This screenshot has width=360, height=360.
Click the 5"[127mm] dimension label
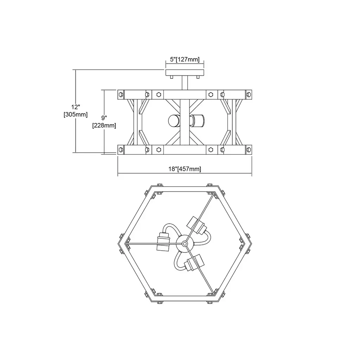(185, 59)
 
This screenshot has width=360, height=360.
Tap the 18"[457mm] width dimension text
(185, 169)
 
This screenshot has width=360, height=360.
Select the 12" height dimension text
(76, 107)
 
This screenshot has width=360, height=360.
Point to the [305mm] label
(76, 114)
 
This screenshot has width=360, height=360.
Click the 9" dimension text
(104, 118)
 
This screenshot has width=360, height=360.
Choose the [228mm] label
(104, 126)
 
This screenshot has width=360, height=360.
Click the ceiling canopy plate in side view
(185, 72)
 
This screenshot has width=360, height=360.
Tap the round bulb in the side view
(174, 121)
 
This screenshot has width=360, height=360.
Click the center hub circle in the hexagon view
(184, 244)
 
